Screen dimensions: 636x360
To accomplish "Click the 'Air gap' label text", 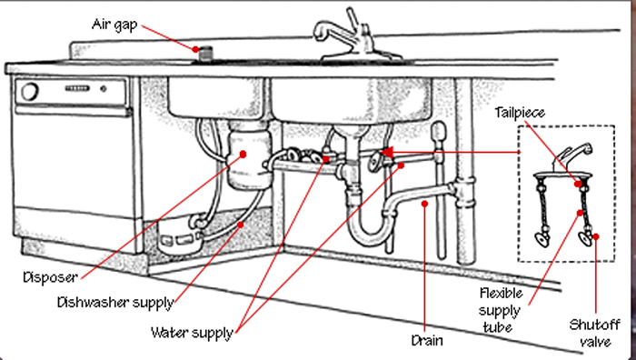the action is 114,25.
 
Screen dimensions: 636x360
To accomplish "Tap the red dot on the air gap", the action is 195,49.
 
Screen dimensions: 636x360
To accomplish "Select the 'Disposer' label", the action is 50,277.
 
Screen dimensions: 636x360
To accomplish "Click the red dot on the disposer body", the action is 243,155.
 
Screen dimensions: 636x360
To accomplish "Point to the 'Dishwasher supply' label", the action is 115,303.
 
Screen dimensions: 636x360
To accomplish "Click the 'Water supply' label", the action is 193,333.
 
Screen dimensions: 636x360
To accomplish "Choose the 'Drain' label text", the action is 427,340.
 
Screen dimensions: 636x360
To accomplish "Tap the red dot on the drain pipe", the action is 424,204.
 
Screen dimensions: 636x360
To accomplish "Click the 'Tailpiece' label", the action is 520,113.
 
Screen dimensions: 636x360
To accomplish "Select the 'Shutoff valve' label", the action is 594,333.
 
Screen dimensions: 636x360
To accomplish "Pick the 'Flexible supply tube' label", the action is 500,310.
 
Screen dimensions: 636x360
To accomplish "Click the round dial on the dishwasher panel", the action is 30,92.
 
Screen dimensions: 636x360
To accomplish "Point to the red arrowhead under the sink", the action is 386,153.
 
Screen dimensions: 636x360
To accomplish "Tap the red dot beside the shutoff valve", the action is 595,236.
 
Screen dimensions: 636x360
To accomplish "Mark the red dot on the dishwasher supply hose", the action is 241,225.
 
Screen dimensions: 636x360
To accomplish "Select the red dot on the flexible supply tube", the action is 580,213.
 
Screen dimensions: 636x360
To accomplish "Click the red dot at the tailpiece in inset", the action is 578,184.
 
